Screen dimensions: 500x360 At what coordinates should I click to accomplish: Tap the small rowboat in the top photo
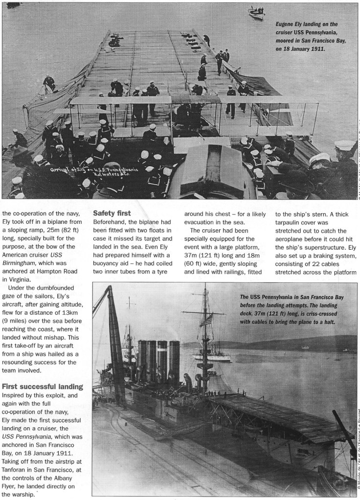[x=257, y=12]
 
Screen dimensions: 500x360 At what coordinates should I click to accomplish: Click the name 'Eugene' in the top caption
[x=286, y=24]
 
